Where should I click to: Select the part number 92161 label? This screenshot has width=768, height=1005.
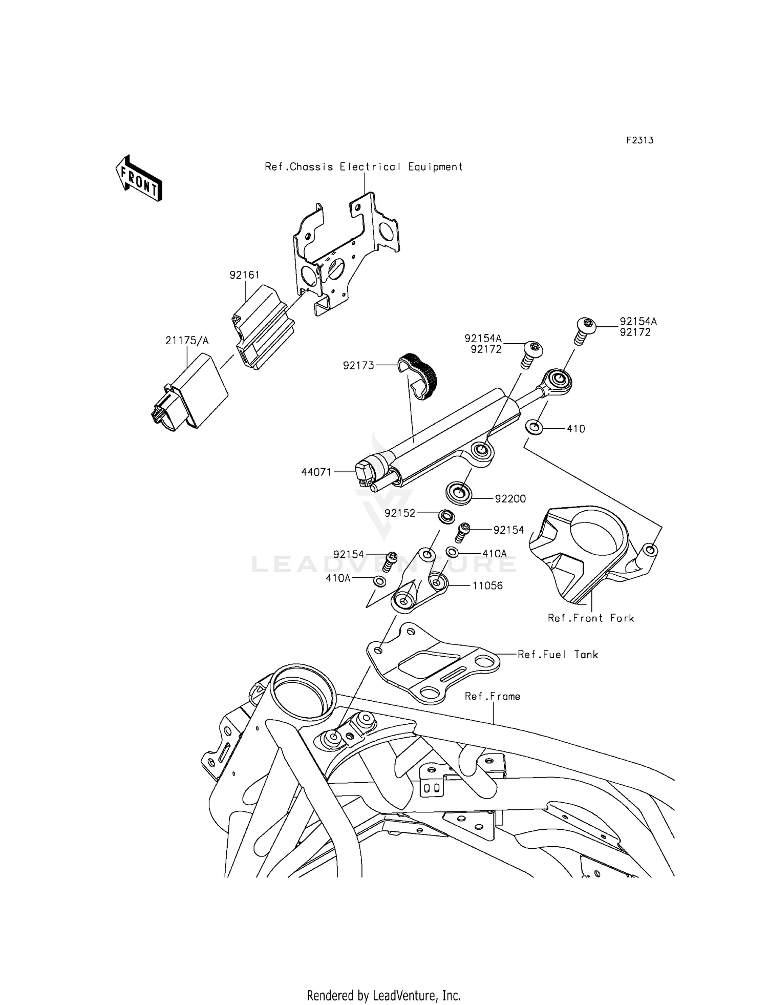(x=244, y=275)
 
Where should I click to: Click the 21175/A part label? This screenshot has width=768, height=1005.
(x=187, y=341)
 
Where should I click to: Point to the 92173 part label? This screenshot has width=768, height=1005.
(x=358, y=365)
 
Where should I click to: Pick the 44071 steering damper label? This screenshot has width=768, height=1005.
(x=316, y=472)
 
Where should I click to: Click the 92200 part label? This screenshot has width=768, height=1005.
(x=510, y=499)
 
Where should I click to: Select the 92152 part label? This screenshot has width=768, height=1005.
(x=400, y=513)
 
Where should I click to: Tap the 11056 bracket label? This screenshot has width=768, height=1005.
(x=487, y=585)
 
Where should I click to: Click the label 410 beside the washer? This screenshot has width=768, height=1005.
(x=575, y=429)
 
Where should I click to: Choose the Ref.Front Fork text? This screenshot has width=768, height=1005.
(x=591, y=618)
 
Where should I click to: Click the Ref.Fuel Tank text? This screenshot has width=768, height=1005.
(x=558, y=654)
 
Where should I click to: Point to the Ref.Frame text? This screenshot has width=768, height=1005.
(x=492, y=696)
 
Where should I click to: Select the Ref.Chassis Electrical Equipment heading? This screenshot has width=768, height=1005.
(x=364, y=167)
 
